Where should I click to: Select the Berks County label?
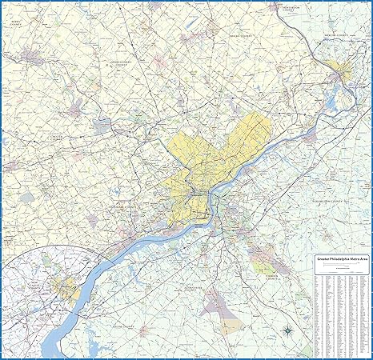(x=14, y=167)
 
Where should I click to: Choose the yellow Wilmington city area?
(x=66, y=286)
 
